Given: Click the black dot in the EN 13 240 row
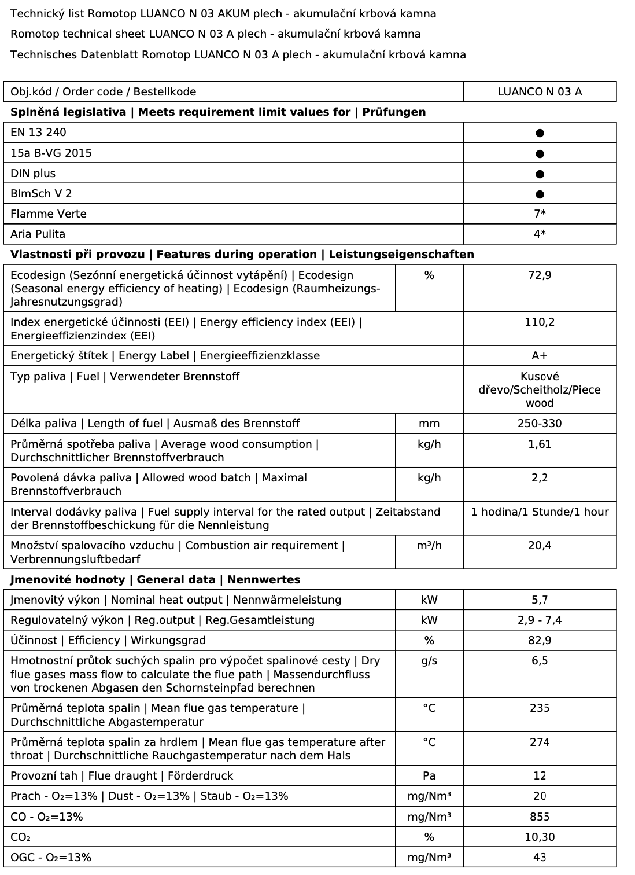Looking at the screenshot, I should pyautogui.click(x=540, y=133).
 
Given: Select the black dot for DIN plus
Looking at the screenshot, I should pyautogui.click(x=540, y=174).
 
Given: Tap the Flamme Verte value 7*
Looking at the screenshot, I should pyautogui.click(x=540, y=214).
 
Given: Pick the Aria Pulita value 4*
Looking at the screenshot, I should pyautogui.click(x=540, y=234).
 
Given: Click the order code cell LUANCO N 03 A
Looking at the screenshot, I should pyautogui.click(x=540, y=92).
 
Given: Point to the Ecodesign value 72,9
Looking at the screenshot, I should pyautogui.click(x=540, y=275).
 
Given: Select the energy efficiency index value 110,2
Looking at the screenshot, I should pyautogui.click(x=540, y=322).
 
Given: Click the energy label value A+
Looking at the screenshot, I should pyautogui.click(x=540, y=356).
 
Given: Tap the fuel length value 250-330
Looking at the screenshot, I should pyautogui.click(x=540, y=424).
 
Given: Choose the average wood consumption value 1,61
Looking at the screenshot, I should pyautogui.click(x=540, y=444).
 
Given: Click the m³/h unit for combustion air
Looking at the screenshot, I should pyautogui.click(x=429, y=546).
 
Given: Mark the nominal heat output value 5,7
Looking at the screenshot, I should pyautogui.click(x=540, y=600).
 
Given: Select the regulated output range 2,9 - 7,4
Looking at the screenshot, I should pyautogui.click(x=540, y=620).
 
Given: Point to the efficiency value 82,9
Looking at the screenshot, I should pyautogui.click(x=540, y=641).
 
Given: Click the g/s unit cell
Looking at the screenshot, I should pyautogui.click(x=429, y=661).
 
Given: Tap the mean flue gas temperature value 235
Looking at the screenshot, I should pyautogui.click(x=540, y=708).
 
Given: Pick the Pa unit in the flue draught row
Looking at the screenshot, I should pyautogui.click(x=429, y=776).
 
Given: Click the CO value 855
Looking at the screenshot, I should pyautogui.click(x=540, y=817).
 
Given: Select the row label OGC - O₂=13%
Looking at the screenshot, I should pyautogui.click(x=51, y=858).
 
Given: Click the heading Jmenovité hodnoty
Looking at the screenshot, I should pyautogui.click(x=68, y=580).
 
